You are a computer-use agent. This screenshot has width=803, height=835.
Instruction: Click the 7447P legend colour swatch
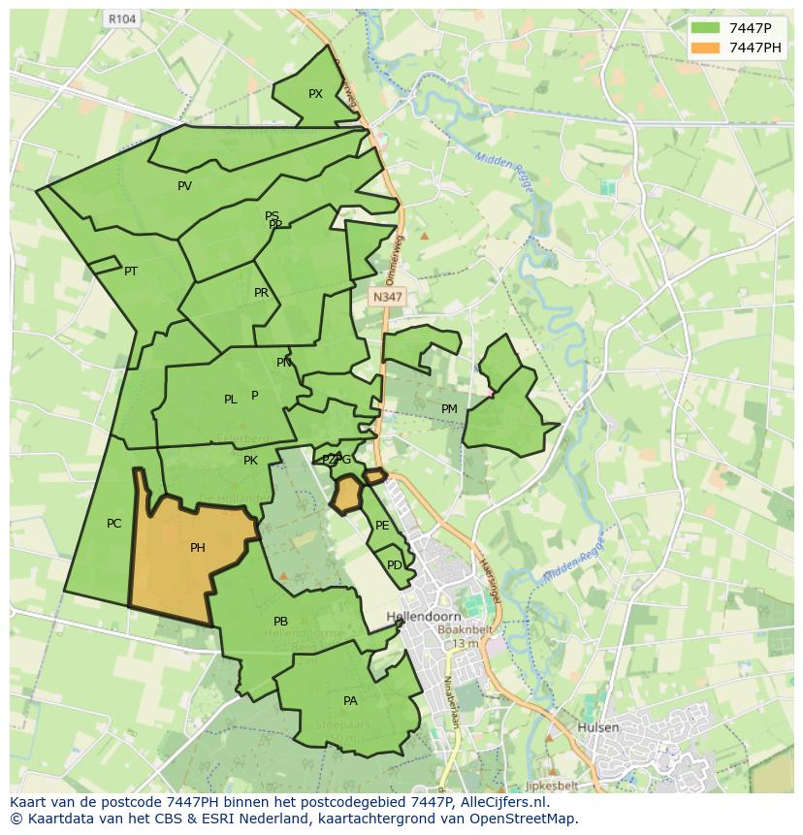click(x=705, y=27)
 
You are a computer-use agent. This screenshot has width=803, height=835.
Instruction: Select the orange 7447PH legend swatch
click(x=705, y=48)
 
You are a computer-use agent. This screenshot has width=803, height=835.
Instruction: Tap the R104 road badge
click(x=121, y=18)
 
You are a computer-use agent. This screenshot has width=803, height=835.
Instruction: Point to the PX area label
click(x=315, y=94)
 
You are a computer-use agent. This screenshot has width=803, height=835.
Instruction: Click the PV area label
click(x=184, y=186)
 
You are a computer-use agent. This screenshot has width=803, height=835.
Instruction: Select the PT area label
click(x=131, y=272)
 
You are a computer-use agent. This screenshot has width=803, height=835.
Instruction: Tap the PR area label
click(x=261, y=293)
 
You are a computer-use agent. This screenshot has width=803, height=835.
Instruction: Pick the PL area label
click(x=230, y=400)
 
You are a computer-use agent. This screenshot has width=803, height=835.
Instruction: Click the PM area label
click(x=449, y=409)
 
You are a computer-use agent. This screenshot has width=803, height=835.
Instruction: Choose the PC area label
click(x=113, y=524)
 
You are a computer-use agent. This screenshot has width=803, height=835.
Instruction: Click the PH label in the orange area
click(x=198, y=548)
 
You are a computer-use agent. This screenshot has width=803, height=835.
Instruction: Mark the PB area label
click(x=280, y=622)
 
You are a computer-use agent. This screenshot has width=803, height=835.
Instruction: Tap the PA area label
click(x=350, y=701)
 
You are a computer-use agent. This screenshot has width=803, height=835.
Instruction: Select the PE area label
click(x=382, y=526)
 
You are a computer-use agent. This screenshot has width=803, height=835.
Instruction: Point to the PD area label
click(x=394, y=565)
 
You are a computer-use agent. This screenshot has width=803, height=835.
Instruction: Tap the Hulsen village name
click(x=597, y=727)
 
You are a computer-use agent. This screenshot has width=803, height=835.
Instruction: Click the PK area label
click(x=250, y=461)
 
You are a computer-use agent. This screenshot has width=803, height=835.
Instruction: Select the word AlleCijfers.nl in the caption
click(x=503, y=803)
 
